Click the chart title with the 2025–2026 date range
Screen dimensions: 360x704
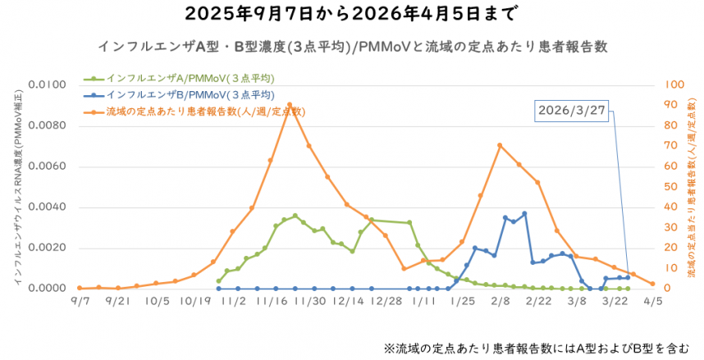(x=351, y=14)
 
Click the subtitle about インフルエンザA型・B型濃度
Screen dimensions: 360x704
(x=352, y=43)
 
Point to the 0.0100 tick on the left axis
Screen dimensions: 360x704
(x=46, y=84)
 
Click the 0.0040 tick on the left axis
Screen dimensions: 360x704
(x=46, y=207)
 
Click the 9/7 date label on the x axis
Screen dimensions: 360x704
(x=80, y=301)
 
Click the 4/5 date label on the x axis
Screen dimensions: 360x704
(x=652, y=301)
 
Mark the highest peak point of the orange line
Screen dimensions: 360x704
(x=290, y=105)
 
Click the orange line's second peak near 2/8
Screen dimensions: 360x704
(x=500, y=145)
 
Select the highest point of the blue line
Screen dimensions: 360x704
(x=524, y=213)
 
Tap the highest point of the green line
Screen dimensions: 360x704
(x=295, y=216)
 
